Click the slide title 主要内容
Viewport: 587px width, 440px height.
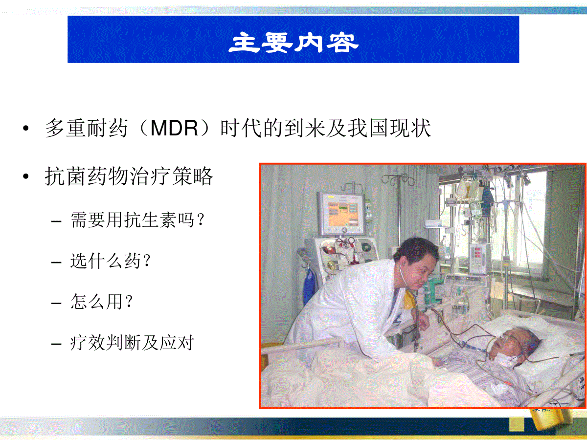(x=293, y=42)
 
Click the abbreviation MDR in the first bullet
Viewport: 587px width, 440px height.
(x=174, y=129)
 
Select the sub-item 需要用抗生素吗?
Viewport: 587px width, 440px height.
(x=138, y=220)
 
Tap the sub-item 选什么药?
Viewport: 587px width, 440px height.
(x=111, y=261)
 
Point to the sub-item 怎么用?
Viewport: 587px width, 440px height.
(x=102, y=302)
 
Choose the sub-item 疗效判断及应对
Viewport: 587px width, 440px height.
(x=132, y=343)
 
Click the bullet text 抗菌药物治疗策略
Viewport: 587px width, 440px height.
(x=129, y=176)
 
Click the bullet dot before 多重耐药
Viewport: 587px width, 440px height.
(x=25, y=129)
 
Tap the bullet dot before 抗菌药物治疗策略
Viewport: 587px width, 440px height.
(x=25, y=176)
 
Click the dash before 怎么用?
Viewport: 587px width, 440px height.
(x=56, y=303)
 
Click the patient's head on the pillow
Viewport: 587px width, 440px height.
(x=515, y=347)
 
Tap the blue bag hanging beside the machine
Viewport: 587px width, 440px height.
(x=310, y=286)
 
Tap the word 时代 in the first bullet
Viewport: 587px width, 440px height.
(x=241, y=129)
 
